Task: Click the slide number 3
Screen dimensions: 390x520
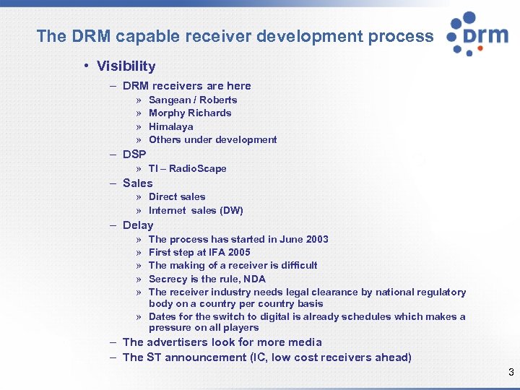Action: [x=511, y=373]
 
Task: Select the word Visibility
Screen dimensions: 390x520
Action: [x=126, y=66]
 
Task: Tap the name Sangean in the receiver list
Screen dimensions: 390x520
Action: [x=170, y=100]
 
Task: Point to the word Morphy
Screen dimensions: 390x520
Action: [x=167, y=113]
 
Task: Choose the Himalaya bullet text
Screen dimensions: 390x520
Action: [x=170, y=126]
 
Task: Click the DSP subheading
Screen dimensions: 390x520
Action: [x=134, y=155]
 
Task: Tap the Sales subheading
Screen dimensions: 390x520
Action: [x=138, y=183]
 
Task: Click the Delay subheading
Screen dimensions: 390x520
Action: [x=138, y=225]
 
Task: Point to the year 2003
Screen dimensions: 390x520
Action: [x=315, y=239]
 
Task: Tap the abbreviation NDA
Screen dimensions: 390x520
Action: [x=255, y=279]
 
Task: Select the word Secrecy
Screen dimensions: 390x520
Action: [x=168, y=279]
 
